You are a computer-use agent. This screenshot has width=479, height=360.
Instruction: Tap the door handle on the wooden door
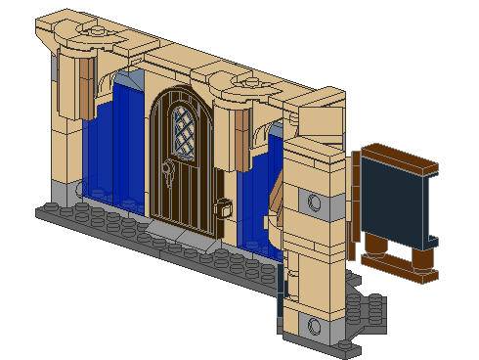click(x=168, y=176)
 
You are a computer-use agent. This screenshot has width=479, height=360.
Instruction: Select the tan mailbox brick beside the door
click(x=223, y=208)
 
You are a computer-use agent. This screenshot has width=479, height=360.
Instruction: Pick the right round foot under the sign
click(x=421, y=262)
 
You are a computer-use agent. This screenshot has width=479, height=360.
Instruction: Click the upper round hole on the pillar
click(x=315, y=202)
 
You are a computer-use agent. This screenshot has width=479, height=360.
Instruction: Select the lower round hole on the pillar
click(x=314, y=325)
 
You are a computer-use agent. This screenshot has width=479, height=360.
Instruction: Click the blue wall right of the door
click(x=256, y=201)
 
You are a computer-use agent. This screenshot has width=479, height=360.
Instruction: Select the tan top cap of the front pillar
click(x=315, y=147)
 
